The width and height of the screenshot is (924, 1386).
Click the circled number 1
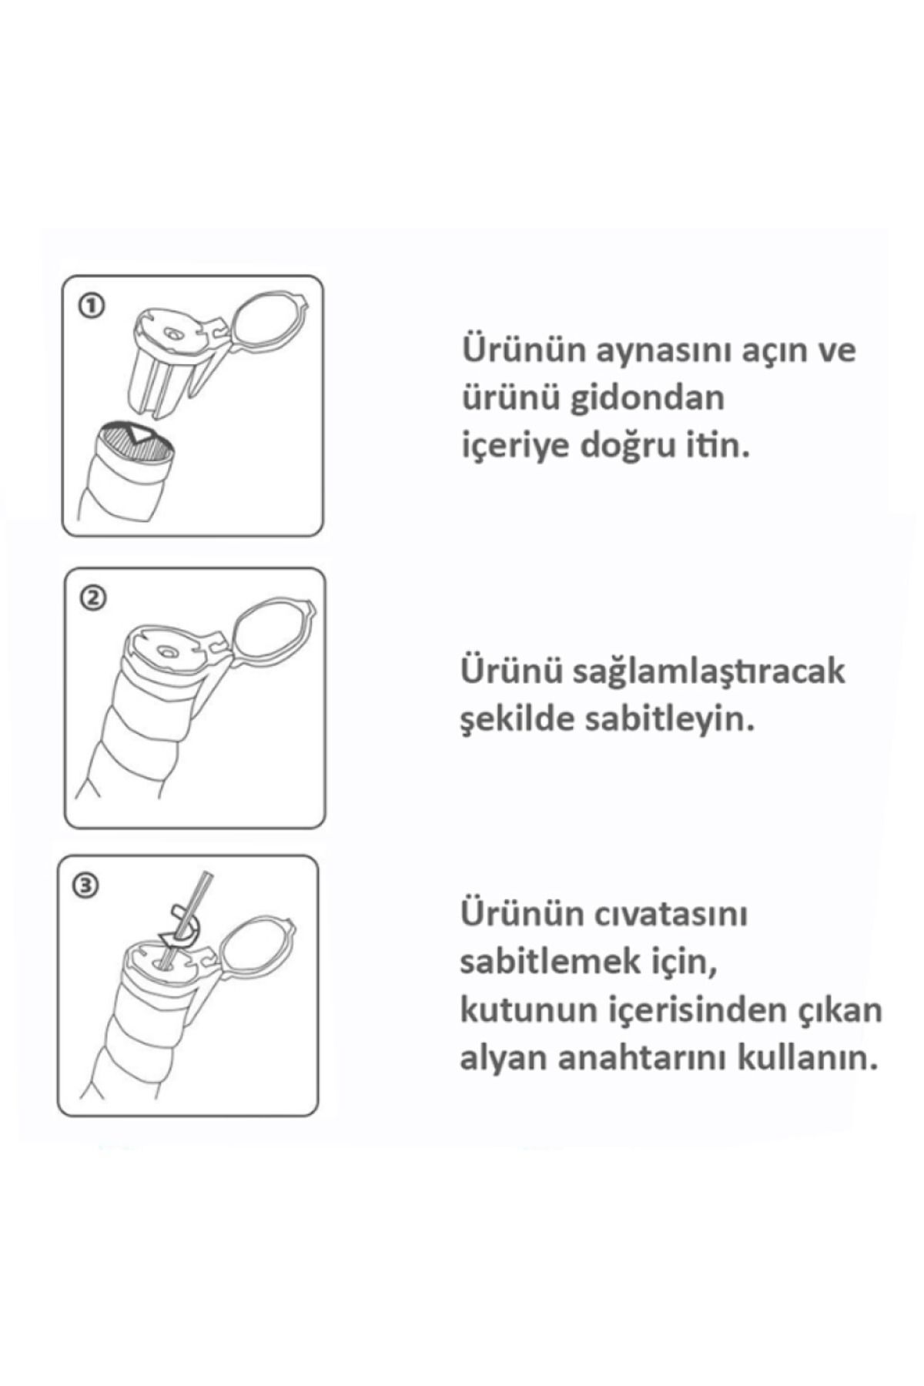[x=91, y=306]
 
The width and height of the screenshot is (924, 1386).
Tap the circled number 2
[x=93, y=598]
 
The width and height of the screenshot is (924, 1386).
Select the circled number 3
[x=85, y=886]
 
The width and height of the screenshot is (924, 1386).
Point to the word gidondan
[x=648, y=398]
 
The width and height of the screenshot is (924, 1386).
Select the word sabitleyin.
[x=661, y=719]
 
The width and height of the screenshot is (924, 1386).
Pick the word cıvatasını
[x=671, y=914]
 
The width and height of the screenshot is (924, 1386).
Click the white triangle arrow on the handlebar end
[x=141, y=433]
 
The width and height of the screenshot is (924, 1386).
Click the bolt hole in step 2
[x=164, y=651]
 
